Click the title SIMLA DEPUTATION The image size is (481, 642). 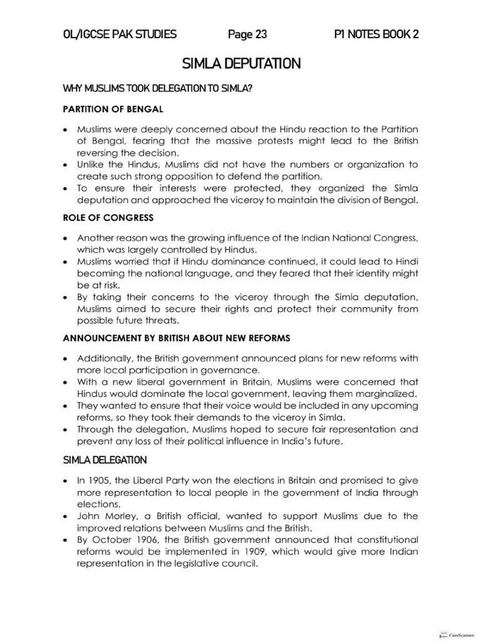(240, 63)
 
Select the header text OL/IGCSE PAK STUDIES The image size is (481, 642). (120, 34)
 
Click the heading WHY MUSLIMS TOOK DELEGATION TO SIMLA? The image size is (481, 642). (157, 88)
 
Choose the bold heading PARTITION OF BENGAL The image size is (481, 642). (113, 109)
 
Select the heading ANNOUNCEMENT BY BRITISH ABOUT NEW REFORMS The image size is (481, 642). (177, 338)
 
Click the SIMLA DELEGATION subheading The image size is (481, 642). (105, 460)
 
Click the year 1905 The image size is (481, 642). (101, 480)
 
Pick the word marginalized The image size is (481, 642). (386, 394)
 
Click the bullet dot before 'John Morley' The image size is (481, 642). (66, 517)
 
